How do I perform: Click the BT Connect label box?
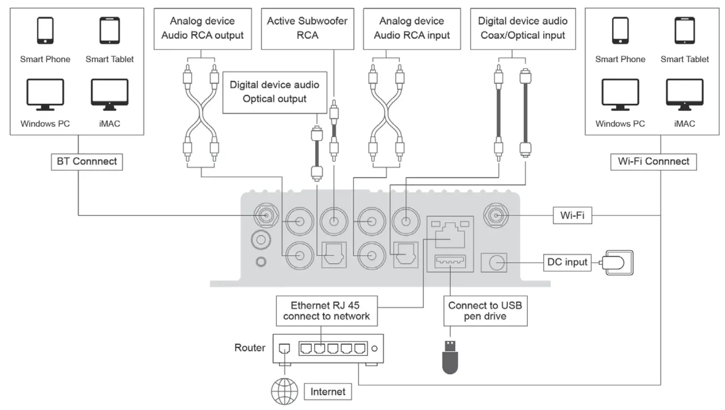coord(86,162)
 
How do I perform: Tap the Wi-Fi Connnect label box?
coord(653,162)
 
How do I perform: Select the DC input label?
coord(567,262)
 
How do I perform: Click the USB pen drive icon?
coord(450,357)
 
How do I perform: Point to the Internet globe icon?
coord(284,391)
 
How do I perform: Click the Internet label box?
coord(328,391)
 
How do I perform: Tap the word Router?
coord(249,348)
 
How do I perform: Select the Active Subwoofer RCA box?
coord(307,28)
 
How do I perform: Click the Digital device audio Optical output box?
coord(274,92)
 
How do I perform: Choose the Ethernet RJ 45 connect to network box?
coord(326,310)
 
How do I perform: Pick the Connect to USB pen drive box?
coord(485,310)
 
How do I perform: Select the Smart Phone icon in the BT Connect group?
coord(45,30)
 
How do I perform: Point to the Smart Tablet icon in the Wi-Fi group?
coord(684,30)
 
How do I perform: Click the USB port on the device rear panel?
coord(450,262)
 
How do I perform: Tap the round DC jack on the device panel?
coord(496,263)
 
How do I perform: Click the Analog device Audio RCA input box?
coord(412,28)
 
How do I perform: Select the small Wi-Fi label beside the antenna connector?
coord(572,215)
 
